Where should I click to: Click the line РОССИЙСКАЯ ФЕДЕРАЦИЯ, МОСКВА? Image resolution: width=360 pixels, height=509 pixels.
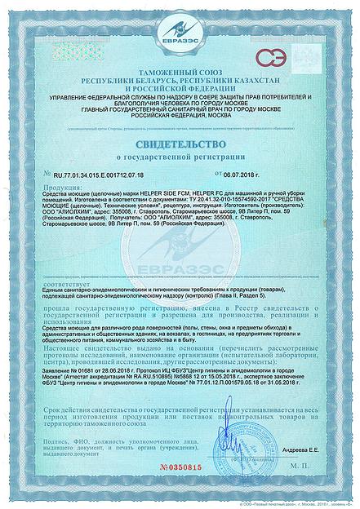[x=180, y=116]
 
